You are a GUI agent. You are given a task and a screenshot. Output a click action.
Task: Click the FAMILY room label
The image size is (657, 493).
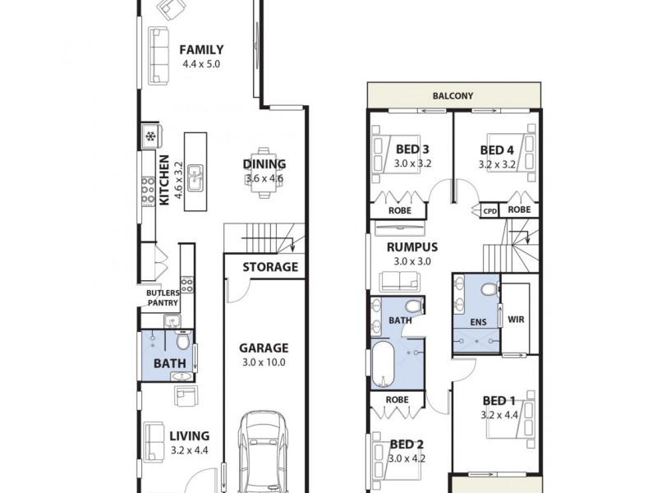pyautogui.click(x=201, y=49)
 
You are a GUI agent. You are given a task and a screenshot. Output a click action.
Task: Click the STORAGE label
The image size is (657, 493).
pyautogui.click(x=270, y=267)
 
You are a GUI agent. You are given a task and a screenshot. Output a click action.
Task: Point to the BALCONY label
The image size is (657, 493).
pyautogui.click(x=453, y=96)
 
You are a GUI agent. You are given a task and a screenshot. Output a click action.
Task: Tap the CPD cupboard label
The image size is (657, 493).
pyautogui.click(x=489, y=210)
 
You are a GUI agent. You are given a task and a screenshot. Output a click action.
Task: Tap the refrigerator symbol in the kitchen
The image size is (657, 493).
pyautogui.click(x=151, y=136)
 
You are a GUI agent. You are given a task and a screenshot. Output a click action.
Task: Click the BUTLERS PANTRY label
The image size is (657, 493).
pyautogui.click(x=162, y=297)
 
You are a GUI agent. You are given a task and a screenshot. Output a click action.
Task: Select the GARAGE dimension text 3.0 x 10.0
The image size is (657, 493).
pyautogui.click(x=264, y=362)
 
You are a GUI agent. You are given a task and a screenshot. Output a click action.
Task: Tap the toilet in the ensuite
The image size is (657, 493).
pyautogui.click(x=490, y=291)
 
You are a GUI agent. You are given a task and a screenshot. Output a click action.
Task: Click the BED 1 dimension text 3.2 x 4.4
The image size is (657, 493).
pyautogui.click(x=498, y=415)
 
